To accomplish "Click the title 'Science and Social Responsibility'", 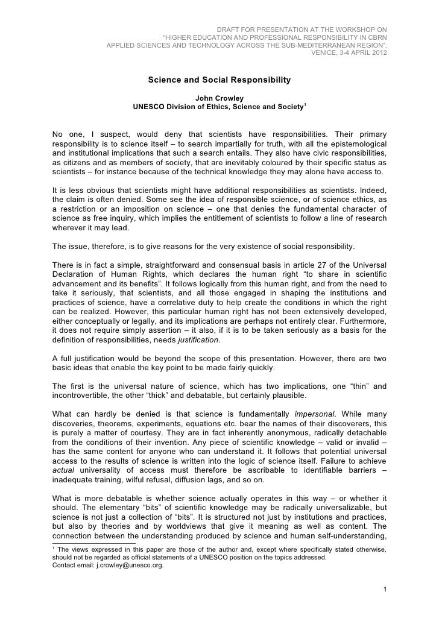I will click(219, 80).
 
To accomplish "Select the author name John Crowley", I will click(219, 99).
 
